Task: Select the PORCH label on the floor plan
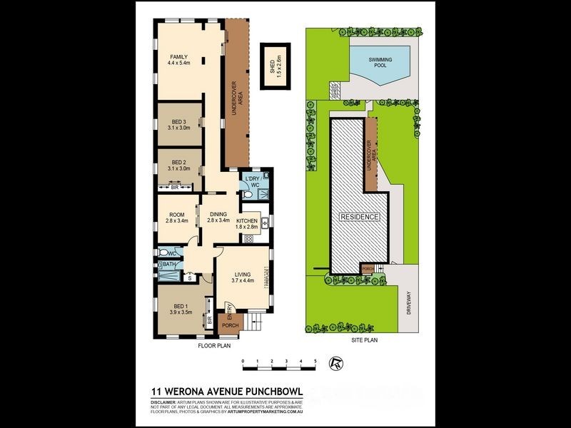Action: click(231, 326)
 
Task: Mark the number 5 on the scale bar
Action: click(315, 362)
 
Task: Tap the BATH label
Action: click(169, 265)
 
